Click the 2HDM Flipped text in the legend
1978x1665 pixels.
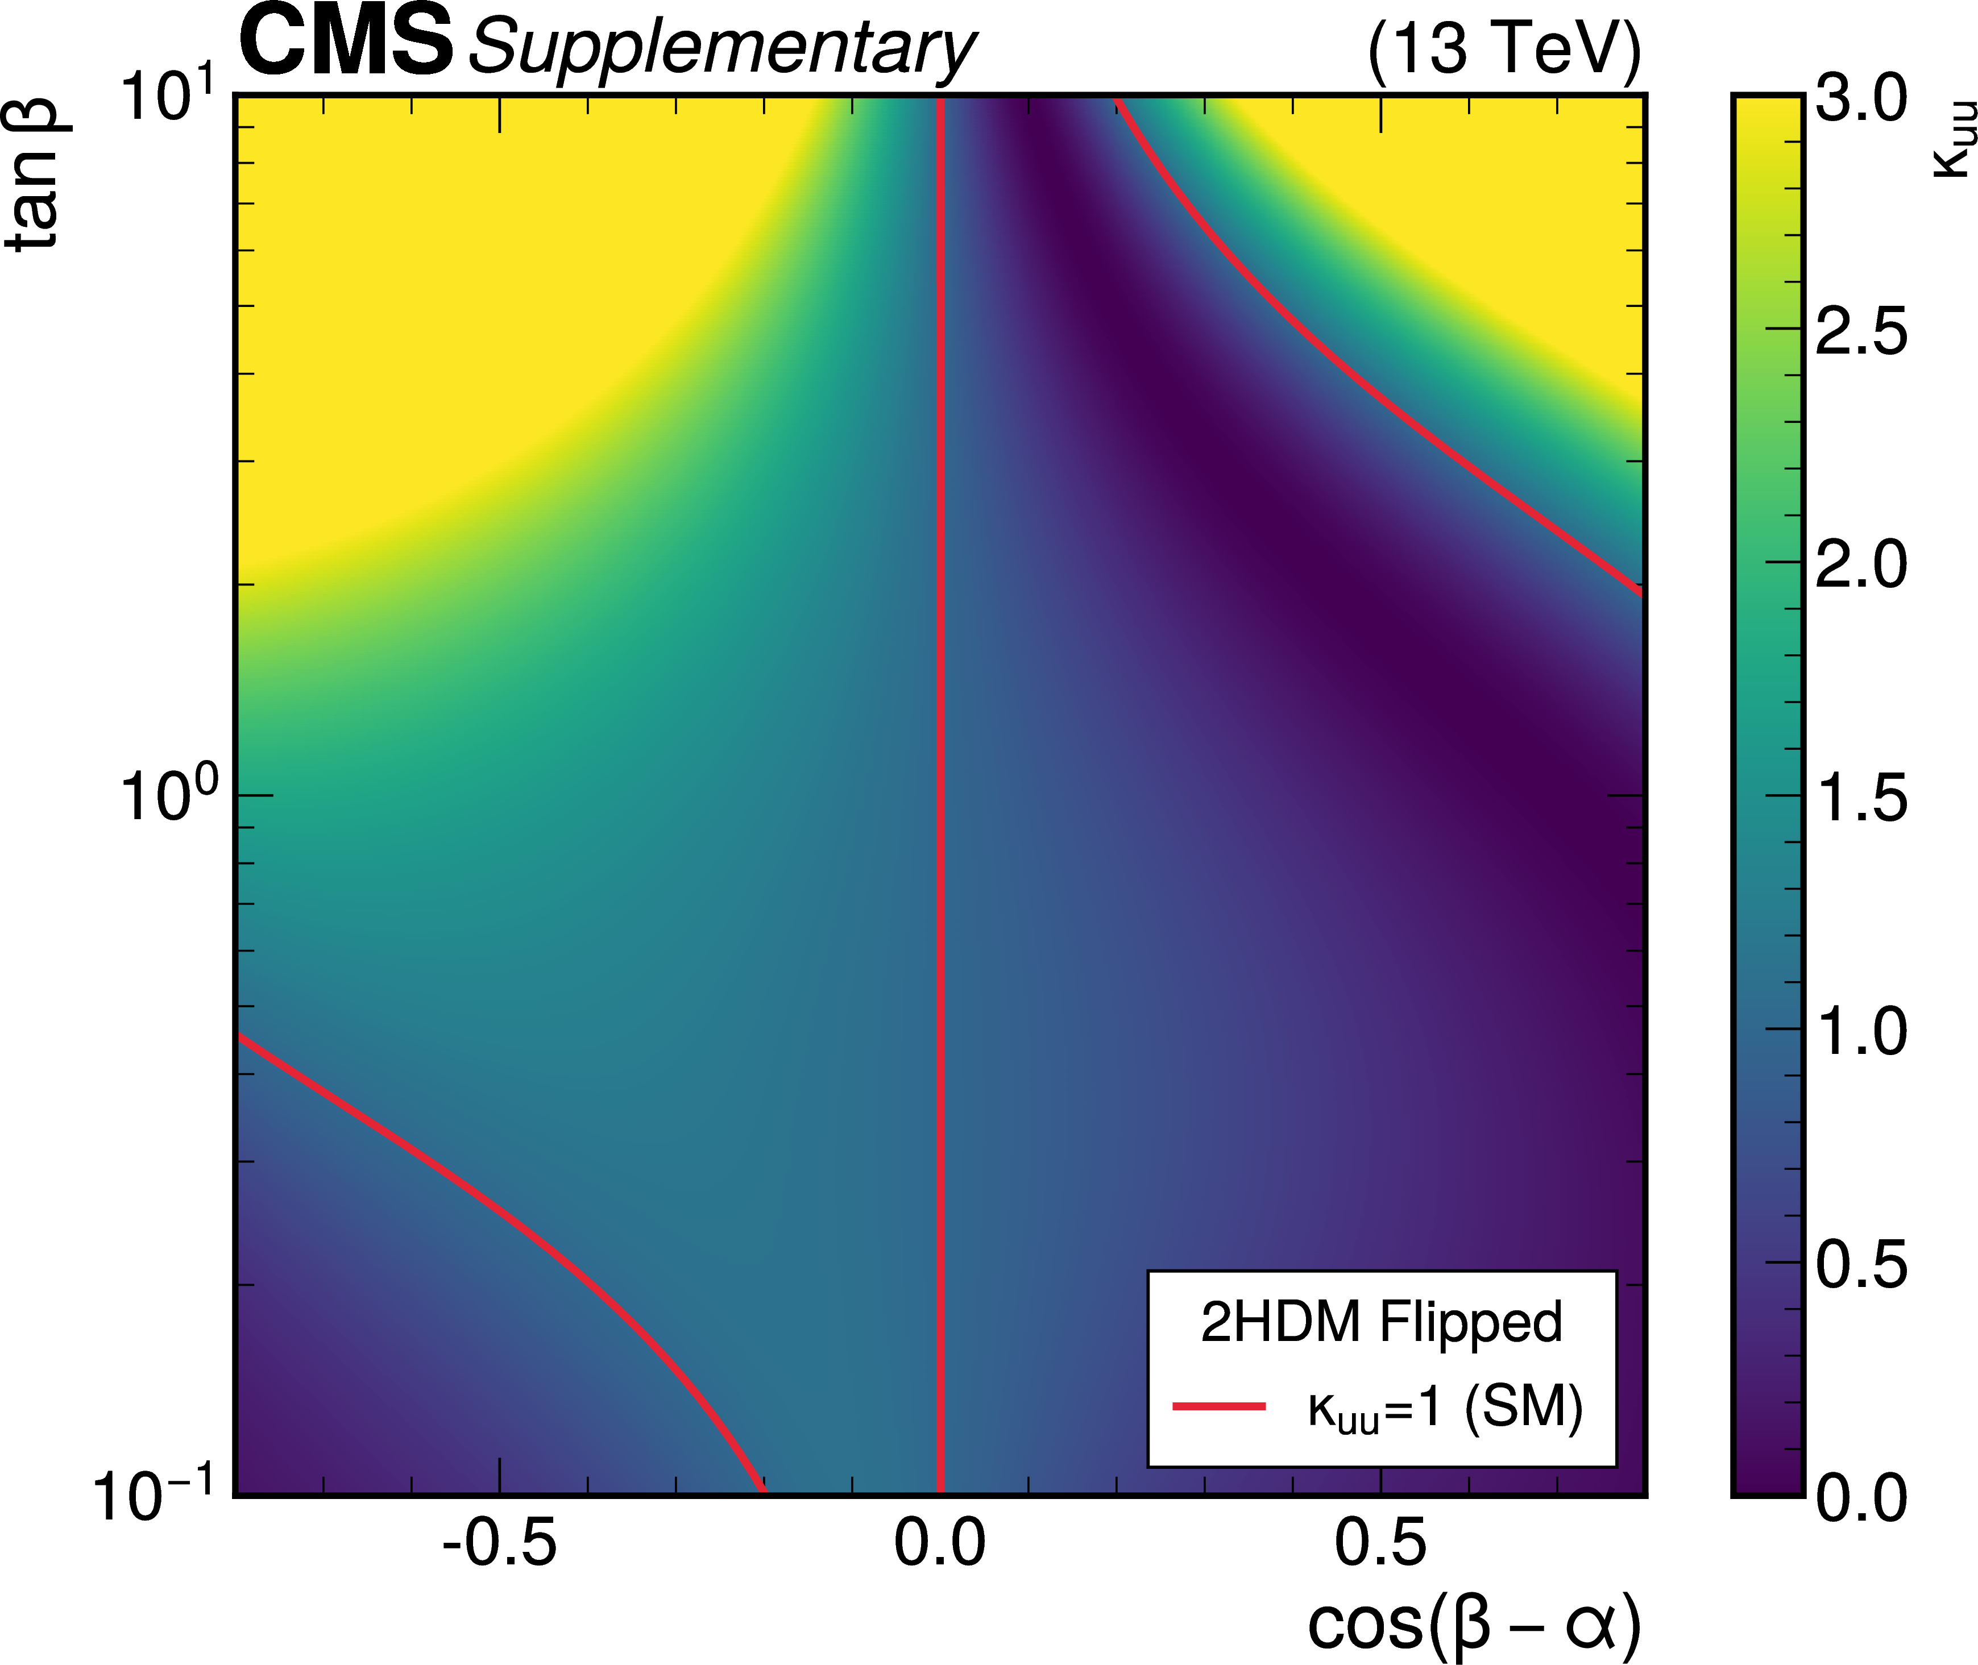pyautogui.click(x=1381, y=1322)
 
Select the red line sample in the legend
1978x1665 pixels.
pyautogui.click(x=1218, y=1406)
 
